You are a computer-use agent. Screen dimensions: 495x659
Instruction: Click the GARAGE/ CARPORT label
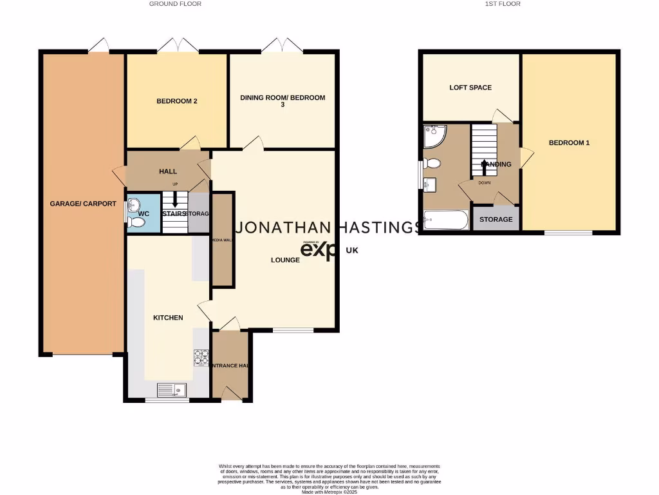point(83,204)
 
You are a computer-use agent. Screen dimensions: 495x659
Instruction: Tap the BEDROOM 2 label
point(177,101)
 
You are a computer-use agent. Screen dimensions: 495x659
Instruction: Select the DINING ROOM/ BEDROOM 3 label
point(283,101)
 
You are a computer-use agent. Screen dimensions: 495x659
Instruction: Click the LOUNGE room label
point(285,260)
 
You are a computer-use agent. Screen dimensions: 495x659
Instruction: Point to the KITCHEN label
point(168,318)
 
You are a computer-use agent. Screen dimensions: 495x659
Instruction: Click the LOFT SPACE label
point(470,88)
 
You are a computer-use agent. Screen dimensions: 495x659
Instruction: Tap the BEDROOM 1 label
point(569,143)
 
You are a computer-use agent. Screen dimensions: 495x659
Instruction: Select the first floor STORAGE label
point(496,220)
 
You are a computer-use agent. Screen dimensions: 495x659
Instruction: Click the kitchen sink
point(172,390)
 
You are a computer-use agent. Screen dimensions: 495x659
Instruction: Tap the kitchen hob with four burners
point(201,358)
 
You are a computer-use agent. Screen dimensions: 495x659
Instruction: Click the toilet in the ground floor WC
point(136,222)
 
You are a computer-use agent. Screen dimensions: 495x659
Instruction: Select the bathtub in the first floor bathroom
point(445,221)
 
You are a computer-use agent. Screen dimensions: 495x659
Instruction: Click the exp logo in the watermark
point(320,250)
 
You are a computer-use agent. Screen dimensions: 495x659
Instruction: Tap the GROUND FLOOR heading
point(175,4)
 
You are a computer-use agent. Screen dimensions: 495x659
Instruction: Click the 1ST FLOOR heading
point(502,4)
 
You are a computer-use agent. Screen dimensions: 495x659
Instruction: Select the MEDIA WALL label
point(222,239)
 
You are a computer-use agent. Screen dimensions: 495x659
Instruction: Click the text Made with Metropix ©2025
point(329,491)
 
